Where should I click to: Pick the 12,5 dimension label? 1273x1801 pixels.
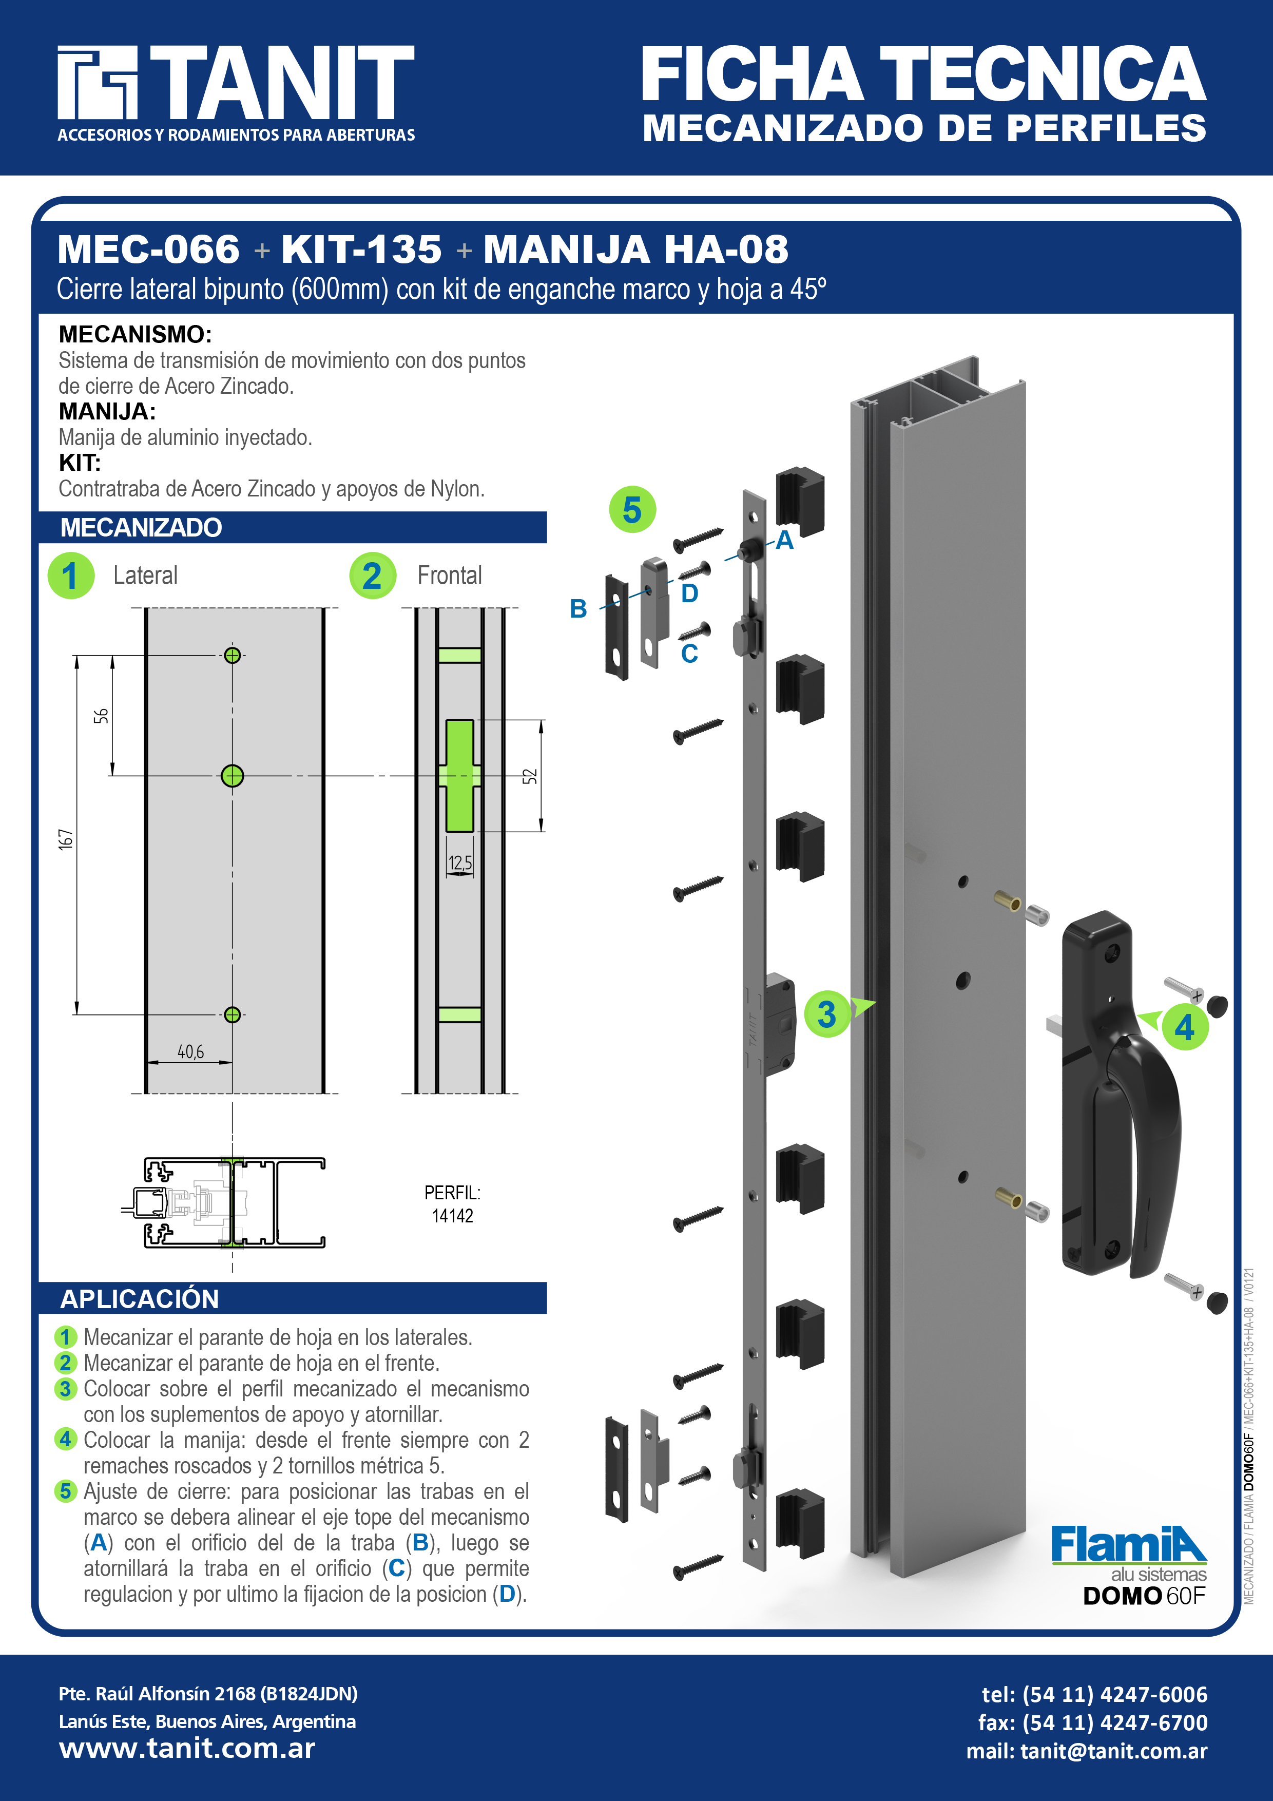click(460, 863)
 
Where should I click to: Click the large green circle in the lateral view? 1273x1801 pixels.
click(232, 776)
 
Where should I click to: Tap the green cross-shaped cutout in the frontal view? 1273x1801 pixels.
click(459, 776)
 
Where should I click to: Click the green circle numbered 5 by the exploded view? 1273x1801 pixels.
click(632, 510)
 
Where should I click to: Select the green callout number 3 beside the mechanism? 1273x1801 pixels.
click(827, 1014)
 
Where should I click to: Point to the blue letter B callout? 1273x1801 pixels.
click(578, 609)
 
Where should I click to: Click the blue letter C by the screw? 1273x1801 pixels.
click(689, 654)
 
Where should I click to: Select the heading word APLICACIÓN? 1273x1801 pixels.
click(140, 1299)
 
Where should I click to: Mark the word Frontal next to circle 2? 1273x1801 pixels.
click(450, 575)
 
